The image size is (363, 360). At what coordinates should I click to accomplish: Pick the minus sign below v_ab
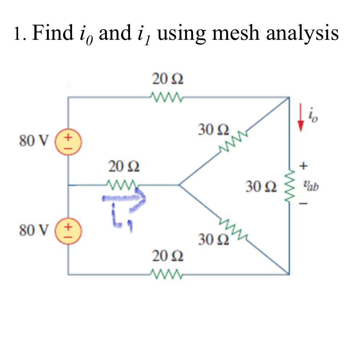pos(304,205)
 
